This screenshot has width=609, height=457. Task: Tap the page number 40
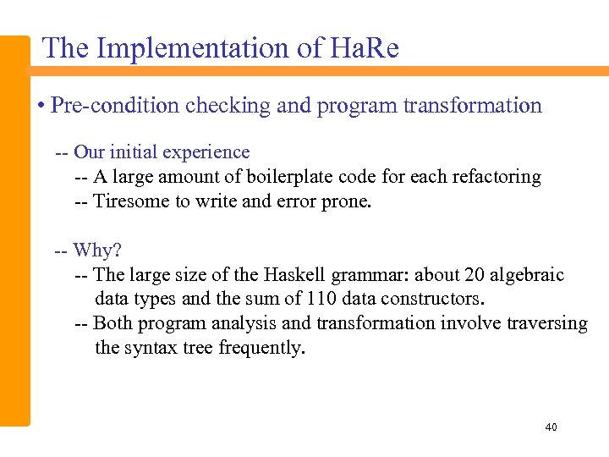[551, 427]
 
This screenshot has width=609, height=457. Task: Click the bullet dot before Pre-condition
[41, 107]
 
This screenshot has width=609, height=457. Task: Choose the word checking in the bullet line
[227, 106]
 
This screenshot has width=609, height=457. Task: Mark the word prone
[348, 201]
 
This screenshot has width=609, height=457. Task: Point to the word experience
[208, 152]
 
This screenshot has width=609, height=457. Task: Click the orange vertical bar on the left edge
[14, 228]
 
